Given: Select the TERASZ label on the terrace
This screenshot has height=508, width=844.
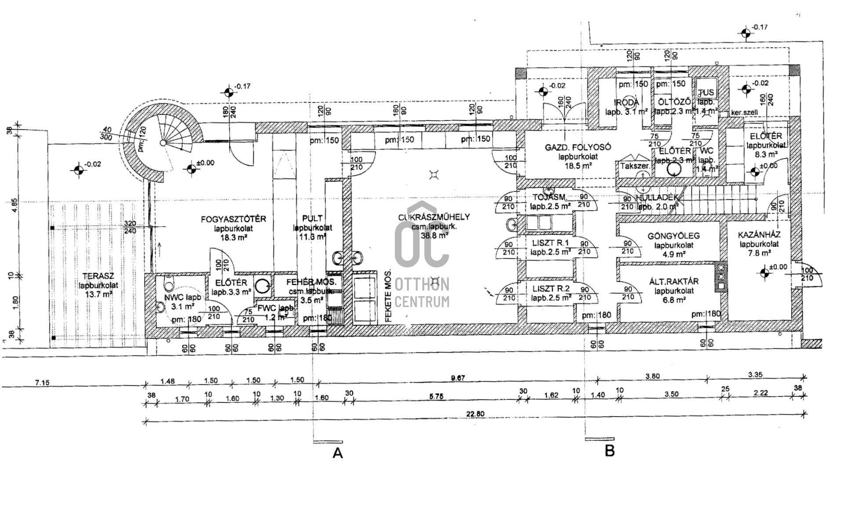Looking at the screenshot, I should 98,276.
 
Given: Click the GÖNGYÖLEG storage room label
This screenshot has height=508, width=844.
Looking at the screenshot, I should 673,236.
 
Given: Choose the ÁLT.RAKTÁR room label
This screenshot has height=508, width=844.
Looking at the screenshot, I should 673,281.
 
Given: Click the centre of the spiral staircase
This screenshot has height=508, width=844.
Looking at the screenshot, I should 163,143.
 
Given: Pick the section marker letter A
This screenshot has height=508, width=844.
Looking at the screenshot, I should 338,453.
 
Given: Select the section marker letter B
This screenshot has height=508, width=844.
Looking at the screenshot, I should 610,450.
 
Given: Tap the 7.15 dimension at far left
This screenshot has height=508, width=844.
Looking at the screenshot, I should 42,383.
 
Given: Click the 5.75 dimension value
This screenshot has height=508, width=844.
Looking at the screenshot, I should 436,396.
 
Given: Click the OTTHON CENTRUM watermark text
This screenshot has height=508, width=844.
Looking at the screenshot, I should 422,292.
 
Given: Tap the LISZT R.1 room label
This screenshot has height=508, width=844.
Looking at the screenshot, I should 550,243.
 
